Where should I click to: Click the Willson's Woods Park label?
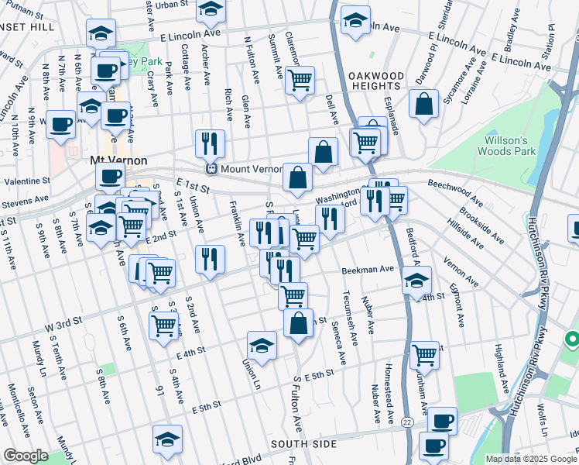tap(505, 146)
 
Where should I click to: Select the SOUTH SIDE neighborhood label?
tap(303, 444)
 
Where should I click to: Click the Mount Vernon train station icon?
tap(210, 168)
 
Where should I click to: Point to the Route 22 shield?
tap(408, 421)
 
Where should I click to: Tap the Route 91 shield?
tap(160, 391)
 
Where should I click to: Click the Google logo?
tap(26, 456)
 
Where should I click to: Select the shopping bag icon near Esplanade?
tap(423, 105)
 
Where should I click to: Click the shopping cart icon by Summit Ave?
tap(300, 80)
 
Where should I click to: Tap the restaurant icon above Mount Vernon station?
tap(210, 143)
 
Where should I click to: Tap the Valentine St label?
tap(26, 180)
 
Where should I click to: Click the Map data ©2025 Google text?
tap(531, 458)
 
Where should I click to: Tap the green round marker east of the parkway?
tap(573, 339)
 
